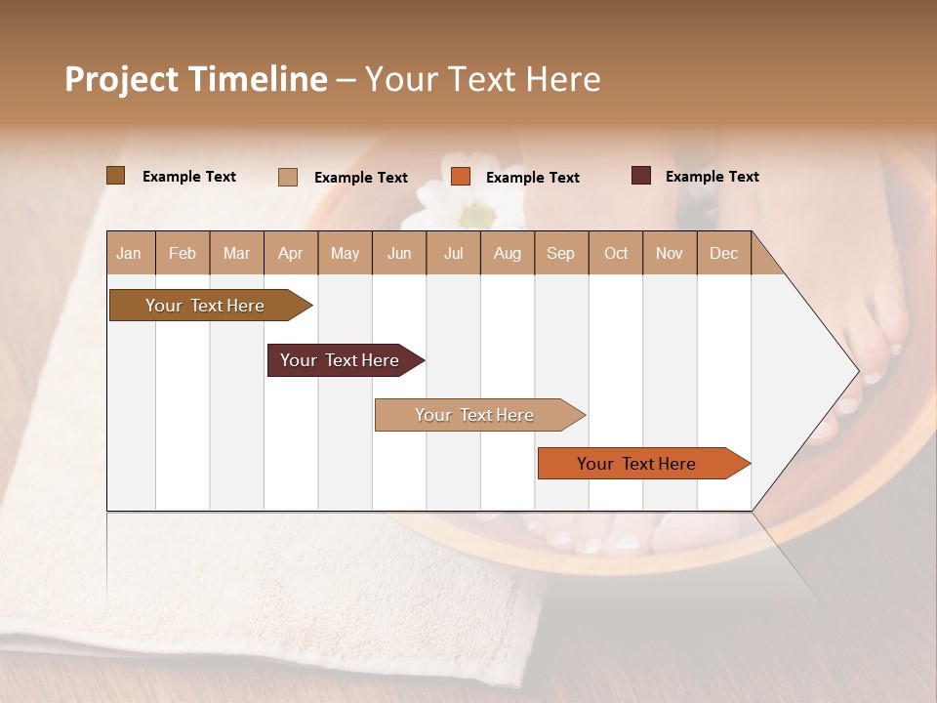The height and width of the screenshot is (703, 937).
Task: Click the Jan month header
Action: (x=130, y=253)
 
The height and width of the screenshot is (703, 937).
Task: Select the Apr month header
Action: (x=291, y=253)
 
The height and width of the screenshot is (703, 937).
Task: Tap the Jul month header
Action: (x=453, y=253)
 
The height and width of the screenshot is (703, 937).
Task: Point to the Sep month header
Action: (x=560, y=253)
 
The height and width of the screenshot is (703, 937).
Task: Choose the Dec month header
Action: (x=723, y=253)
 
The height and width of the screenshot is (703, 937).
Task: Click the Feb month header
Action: (x=183, y=253)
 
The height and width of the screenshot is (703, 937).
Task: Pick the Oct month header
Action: (x=616, y=253)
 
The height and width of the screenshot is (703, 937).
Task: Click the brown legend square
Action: (x=116, y=176)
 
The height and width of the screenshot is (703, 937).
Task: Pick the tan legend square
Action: (x=288, y=177)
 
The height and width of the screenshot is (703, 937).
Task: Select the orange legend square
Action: (x=461, y=177)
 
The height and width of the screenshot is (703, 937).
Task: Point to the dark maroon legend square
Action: (x=640, y=176)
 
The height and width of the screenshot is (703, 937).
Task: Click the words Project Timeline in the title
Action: (x=195, y=79)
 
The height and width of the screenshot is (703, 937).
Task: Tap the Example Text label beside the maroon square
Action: (x=712, y=177)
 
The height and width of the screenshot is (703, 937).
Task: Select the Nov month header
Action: (x=670, y=253)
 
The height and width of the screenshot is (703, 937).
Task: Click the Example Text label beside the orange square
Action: (x=532, y=178)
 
